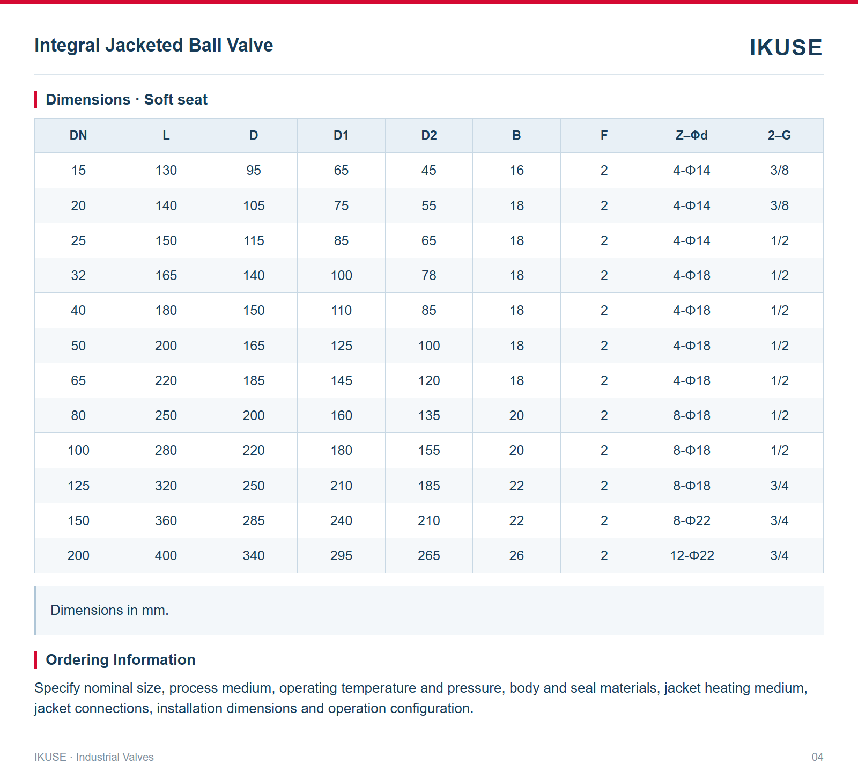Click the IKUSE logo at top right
pos(786,48)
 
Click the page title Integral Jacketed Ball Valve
pos(154,46)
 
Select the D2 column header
pos(429,135)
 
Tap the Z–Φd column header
pos(692,135)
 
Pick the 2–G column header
pos(779,135)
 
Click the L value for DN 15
pos(166,171)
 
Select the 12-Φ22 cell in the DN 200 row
pos(692,555)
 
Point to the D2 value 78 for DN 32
pos(429,275)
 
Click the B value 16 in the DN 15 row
pos(516,171)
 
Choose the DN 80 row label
pos(78,415)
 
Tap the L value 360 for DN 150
pos(166,520)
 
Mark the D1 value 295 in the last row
pos(342,555)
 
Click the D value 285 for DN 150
pos(254,520)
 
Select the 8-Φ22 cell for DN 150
pos(692,520)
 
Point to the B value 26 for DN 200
pos(516,555)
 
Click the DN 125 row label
pos(78,486)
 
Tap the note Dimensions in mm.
pos(109,610)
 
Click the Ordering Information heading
pos(121,659)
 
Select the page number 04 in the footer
pos(817,757)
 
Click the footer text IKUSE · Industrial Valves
pos(94,757)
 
